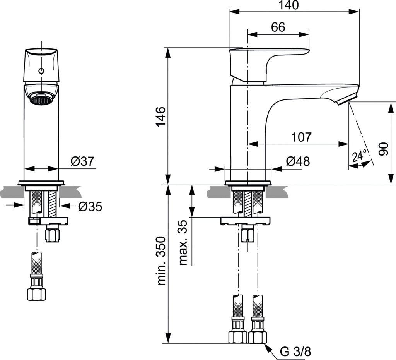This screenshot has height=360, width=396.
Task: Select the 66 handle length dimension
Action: (x=278, y=27)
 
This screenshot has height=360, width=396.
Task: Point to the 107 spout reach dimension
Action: (x=302, y=137)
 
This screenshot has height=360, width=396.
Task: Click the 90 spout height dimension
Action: (x=383, y=149)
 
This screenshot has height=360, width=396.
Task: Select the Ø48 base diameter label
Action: (x=298, y=162)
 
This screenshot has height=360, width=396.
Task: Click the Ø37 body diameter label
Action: (x=82, y=161)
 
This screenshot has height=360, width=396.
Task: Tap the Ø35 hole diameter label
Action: (x=90, y=207)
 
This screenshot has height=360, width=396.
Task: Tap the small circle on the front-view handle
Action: (x=41, y=72)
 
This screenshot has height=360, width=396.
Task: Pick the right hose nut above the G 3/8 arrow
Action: (x=256, y=336)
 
